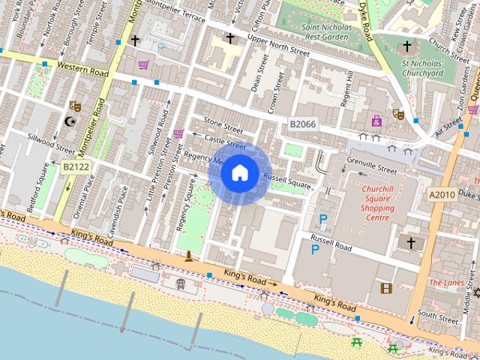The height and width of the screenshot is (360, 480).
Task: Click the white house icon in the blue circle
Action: click(x=238, y=173)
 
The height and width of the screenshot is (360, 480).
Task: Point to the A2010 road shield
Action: click(x=442, y=194)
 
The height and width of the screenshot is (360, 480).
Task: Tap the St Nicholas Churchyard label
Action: click(x=422, y=68)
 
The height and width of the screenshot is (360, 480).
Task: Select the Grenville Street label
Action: click(x=371, y=163)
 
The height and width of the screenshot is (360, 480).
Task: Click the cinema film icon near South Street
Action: click(x=385, y=288)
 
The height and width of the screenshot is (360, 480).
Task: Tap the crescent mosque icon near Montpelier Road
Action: click(x=70, y=121)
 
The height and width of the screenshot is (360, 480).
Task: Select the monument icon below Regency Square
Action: click(x=189, y=256)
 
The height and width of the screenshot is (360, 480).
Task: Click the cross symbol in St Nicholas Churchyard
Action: click(x=407, y=46)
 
